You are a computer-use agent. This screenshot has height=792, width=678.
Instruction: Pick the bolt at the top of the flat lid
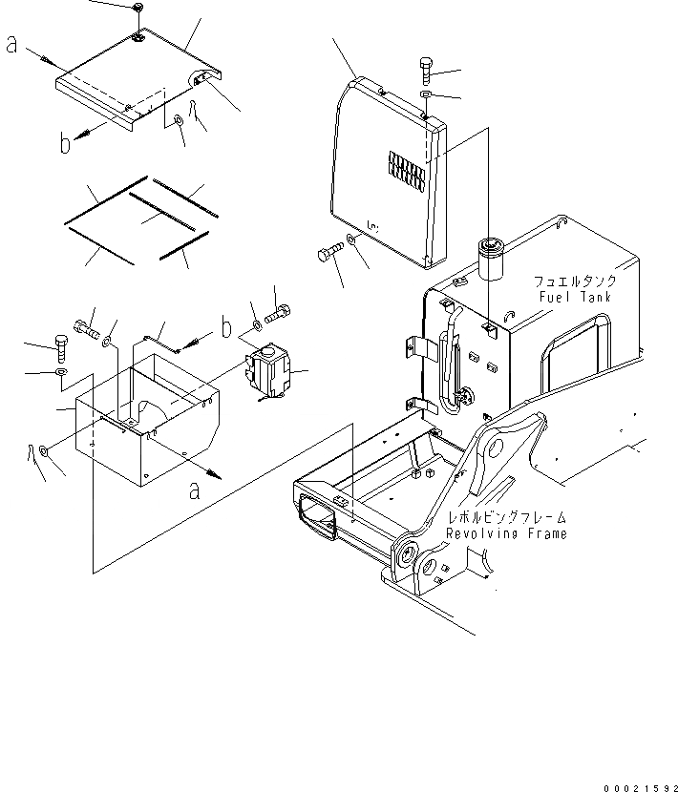(x=138, y=9)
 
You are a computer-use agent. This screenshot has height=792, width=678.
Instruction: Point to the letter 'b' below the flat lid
(x=65, y=145)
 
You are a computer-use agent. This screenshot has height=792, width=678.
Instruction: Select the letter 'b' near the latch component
(x=225, y=329)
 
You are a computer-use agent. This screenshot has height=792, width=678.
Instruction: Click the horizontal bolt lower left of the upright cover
(x=326, y=254)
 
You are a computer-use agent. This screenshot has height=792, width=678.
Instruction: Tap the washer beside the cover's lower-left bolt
(x=352, y=241)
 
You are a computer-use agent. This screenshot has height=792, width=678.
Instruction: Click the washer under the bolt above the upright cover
(x=426, y=95)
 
